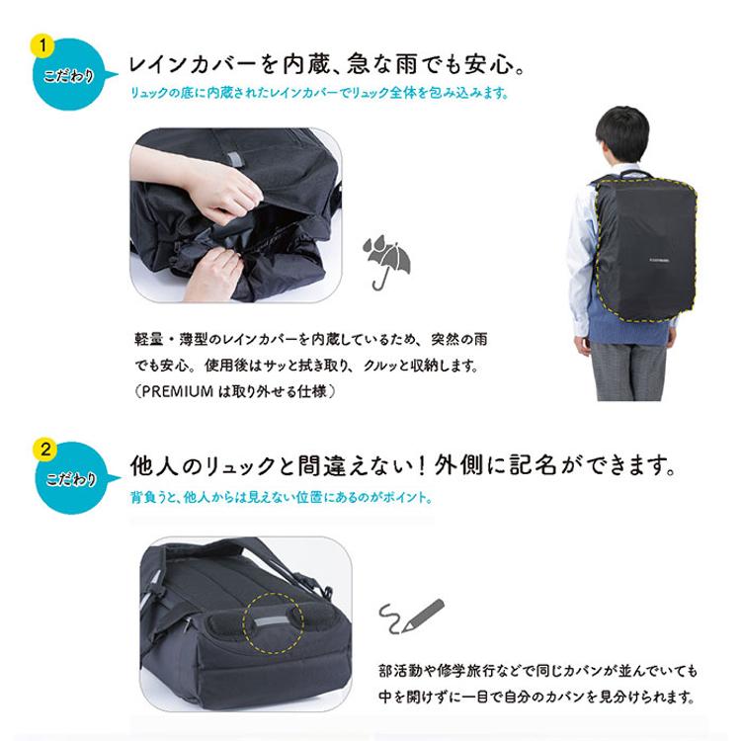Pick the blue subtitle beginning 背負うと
click(283, 497)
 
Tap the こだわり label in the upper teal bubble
click(70, 76)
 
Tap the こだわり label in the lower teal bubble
click(70, 478)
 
